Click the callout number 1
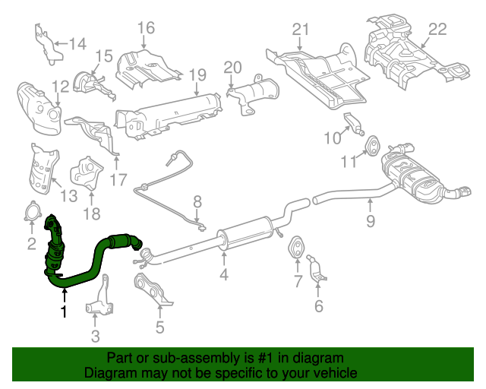(x=64, y=312)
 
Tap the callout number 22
(x=437, y=29)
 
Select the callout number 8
(x=197, y=202)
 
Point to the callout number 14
(x=77, y=43)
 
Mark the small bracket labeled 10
(x=353, y=124)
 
